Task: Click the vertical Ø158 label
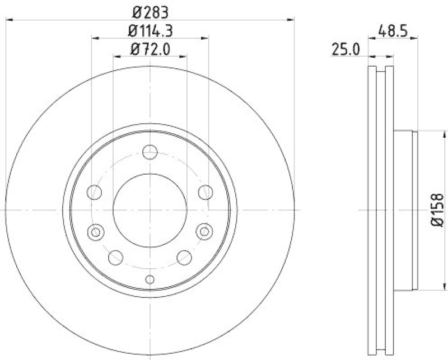[437, 210]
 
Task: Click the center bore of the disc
[150, 209]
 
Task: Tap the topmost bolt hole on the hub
[150, 151]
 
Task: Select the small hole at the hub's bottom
[150, 279]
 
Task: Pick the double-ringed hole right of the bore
[204, 231]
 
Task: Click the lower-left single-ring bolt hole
[116, 258]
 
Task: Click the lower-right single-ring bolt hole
[184, 258]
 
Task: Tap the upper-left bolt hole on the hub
[94, 193]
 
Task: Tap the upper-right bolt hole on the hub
[205, 193]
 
